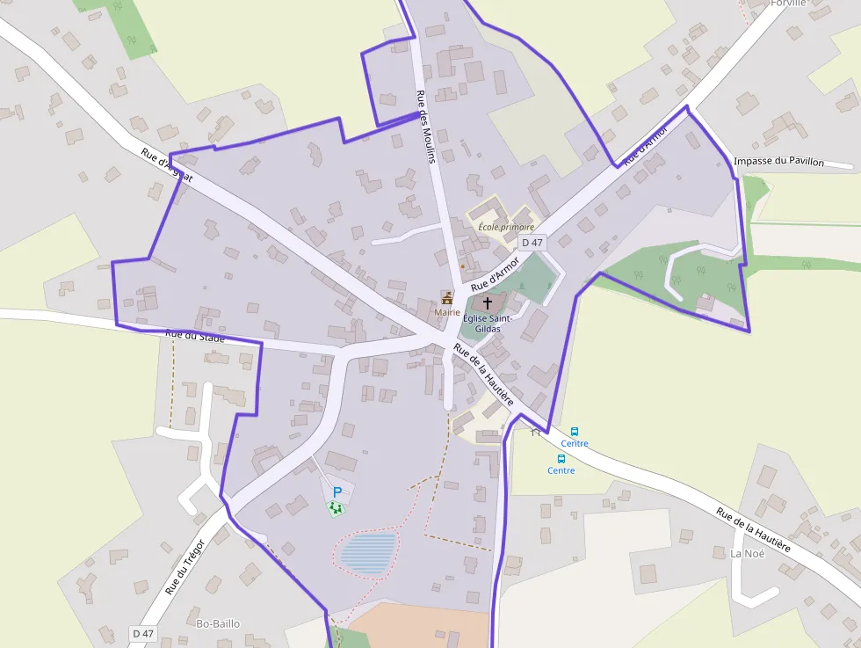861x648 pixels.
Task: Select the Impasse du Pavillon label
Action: (x=778, y=162)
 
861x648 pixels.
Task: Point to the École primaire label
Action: (x=506, y=227)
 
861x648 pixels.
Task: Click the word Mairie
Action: (x=447, y=312)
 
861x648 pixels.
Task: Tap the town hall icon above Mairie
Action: (x=447, y=298)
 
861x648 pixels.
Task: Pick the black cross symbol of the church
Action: (x=488, y=302)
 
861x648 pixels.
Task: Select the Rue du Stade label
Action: (x=195, y=336)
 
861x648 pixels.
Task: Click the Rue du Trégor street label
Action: (x=184, y=567)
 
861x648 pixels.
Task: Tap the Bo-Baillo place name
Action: (x=218, y=623)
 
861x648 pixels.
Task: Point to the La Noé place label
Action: (x=748, y=553)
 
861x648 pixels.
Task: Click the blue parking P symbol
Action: (x=336, y=492)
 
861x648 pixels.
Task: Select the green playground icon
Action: (x=335, y=507)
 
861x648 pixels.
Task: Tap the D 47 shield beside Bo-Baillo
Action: (x=143, y=633)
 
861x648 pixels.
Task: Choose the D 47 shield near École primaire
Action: (x=532, y=243)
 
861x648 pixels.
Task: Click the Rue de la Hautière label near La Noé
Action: (x=753, y=529)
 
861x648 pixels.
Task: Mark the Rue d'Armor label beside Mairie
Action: (x=496, y=274)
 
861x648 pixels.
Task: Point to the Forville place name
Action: (x=787, y=3)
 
